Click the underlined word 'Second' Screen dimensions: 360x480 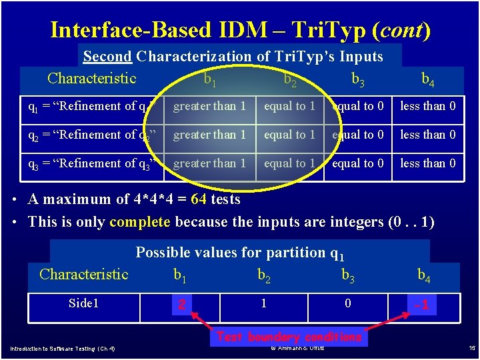[106, 57]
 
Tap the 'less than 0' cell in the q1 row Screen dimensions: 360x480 [428, 106]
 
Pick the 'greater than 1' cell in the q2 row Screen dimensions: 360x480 [209, 135]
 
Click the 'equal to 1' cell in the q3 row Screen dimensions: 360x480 [289, 163]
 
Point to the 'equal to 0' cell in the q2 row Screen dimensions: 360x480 [358, 135]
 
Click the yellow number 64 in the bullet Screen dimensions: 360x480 [199, 199]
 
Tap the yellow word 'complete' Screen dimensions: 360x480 [139, 221]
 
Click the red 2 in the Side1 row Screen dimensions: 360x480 [179, 305]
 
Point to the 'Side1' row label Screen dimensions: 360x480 [83, 304]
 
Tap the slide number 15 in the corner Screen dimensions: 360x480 [471, 348]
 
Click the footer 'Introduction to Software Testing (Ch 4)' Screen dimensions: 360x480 [62, 349]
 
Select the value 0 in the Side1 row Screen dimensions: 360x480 [348, 304]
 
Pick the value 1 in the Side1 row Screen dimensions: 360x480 [264, 304]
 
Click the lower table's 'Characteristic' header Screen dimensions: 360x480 [84, 274]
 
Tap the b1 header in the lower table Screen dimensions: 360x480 [179, 275]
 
